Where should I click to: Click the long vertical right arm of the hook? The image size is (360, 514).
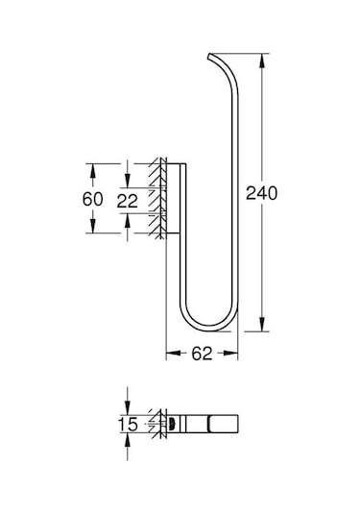click(x=231, y=192)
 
